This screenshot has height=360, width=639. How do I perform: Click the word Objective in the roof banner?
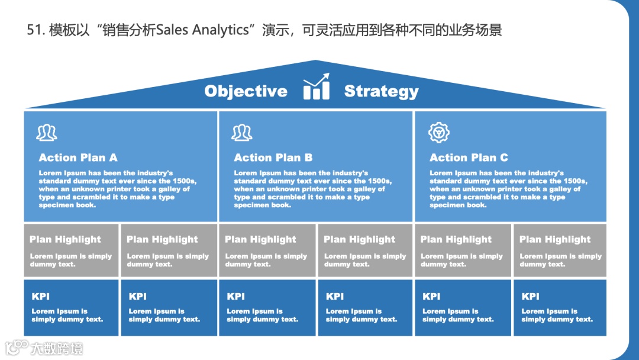pos(246,91)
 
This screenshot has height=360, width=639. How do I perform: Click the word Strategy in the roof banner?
pos(381,91)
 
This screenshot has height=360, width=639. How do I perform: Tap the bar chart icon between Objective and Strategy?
pos(317,87)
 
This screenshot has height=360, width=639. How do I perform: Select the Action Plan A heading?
pos(78,157)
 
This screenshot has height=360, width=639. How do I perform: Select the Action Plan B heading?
pos(273,157)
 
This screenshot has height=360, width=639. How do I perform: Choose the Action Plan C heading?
pos(469,157)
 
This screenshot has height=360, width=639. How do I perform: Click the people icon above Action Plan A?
pos(47,133)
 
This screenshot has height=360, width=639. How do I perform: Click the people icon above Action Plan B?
pos(242,133)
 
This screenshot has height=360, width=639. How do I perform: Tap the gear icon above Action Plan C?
pos(438,133)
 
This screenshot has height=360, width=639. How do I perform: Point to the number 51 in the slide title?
pos(33,30)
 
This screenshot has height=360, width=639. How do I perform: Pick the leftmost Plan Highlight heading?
pos(65,239)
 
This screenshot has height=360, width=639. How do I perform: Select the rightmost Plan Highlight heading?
pos(555,239)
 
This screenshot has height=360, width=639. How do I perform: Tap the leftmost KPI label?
pos(40,297)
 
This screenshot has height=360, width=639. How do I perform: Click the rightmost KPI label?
pos(530,297)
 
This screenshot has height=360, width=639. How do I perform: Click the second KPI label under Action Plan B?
pos(334,297)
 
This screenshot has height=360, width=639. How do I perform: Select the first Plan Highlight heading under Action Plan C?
pos(456,239)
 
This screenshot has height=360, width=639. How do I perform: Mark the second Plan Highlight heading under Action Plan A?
pos(162,239)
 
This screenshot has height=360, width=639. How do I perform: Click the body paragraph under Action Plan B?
pos(312,189)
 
